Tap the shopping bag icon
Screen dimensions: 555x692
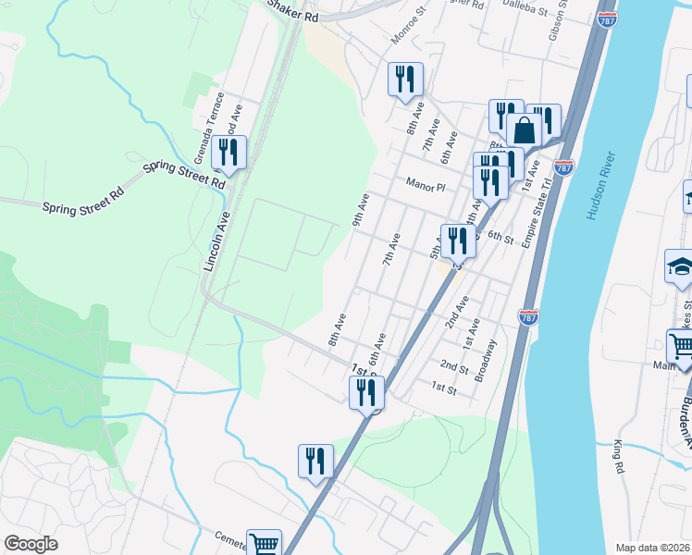tap(524, 130)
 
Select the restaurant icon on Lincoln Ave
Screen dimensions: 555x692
tap(228, 153)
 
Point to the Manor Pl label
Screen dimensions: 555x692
tap(426, 186)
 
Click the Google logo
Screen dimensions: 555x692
tap(31, 543)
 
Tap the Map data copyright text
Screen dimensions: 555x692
tap(652, 548)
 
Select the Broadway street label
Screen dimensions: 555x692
tap(486, 361)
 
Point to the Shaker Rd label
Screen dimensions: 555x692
tap(293, 11)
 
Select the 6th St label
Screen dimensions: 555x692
tap(500, 238)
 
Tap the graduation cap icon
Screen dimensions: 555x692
tap(680, 268)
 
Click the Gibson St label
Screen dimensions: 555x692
tap(557, 26)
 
